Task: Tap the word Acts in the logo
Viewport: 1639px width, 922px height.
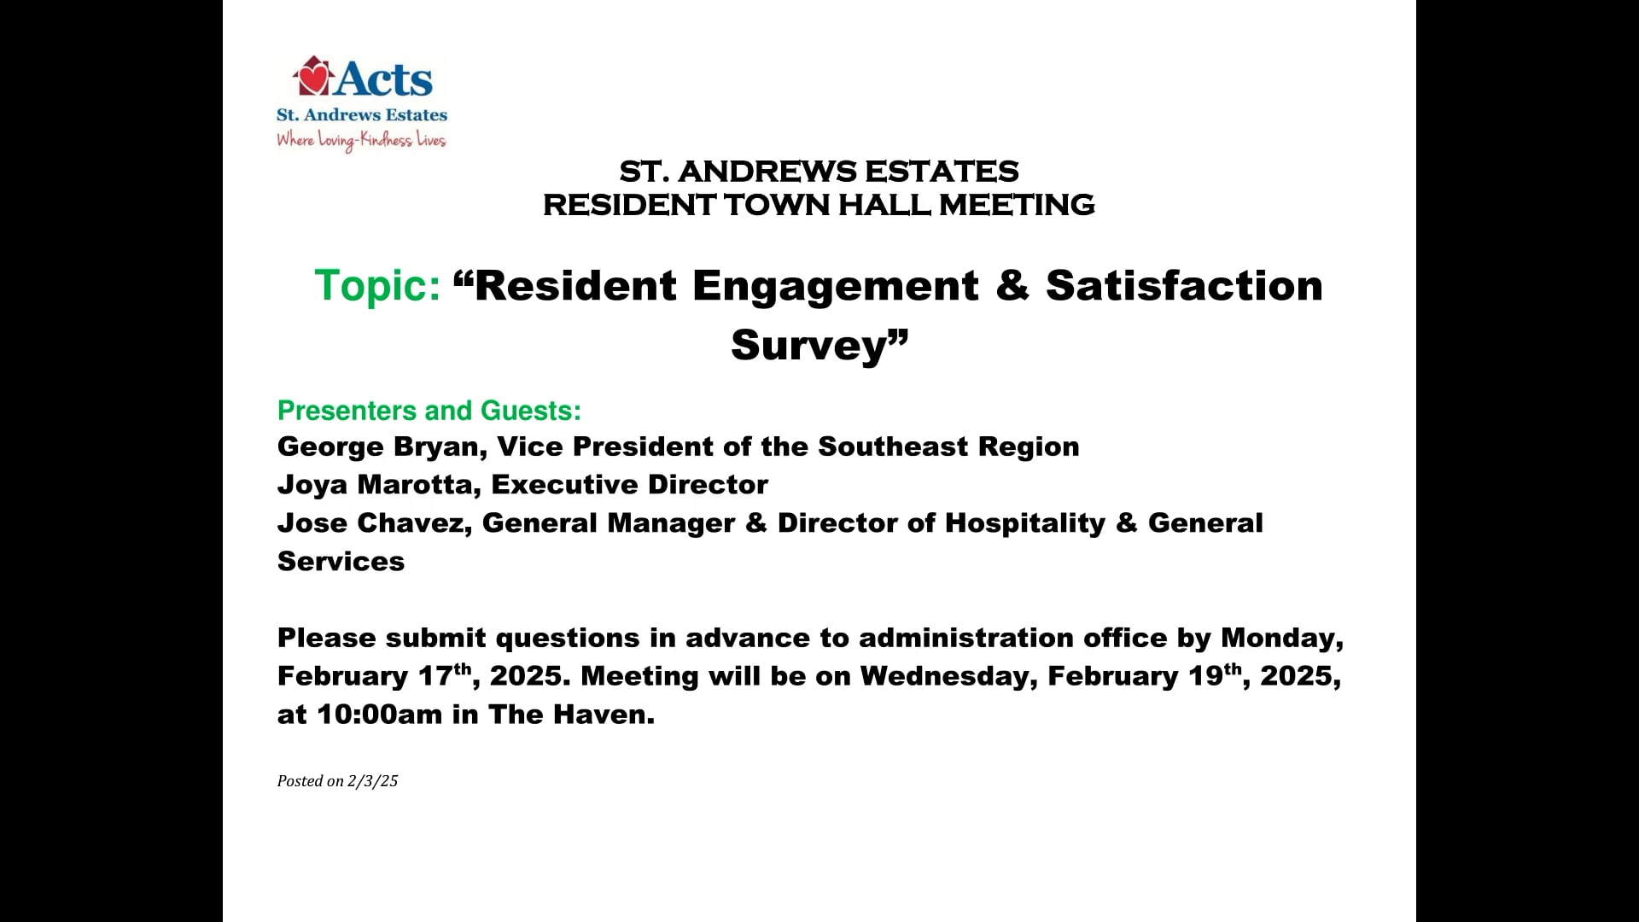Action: [384, 79]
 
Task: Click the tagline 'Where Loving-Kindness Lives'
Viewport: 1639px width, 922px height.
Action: [361, 140]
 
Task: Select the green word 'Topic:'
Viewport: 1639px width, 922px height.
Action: [377, 285]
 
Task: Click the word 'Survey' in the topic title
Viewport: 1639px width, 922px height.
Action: [809, 345]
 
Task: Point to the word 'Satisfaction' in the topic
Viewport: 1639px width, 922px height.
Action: [1184, 285]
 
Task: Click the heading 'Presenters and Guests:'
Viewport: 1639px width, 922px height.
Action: [429, 411]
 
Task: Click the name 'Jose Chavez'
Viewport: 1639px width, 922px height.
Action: [370, 522]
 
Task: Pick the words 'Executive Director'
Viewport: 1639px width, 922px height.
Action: [630, 485]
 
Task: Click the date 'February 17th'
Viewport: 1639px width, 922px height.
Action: [374, 676]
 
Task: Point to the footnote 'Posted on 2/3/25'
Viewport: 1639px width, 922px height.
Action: [337, 781]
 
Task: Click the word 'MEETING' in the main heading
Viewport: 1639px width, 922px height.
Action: [1017, 205]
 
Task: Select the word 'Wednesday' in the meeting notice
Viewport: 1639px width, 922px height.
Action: [948, 676]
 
